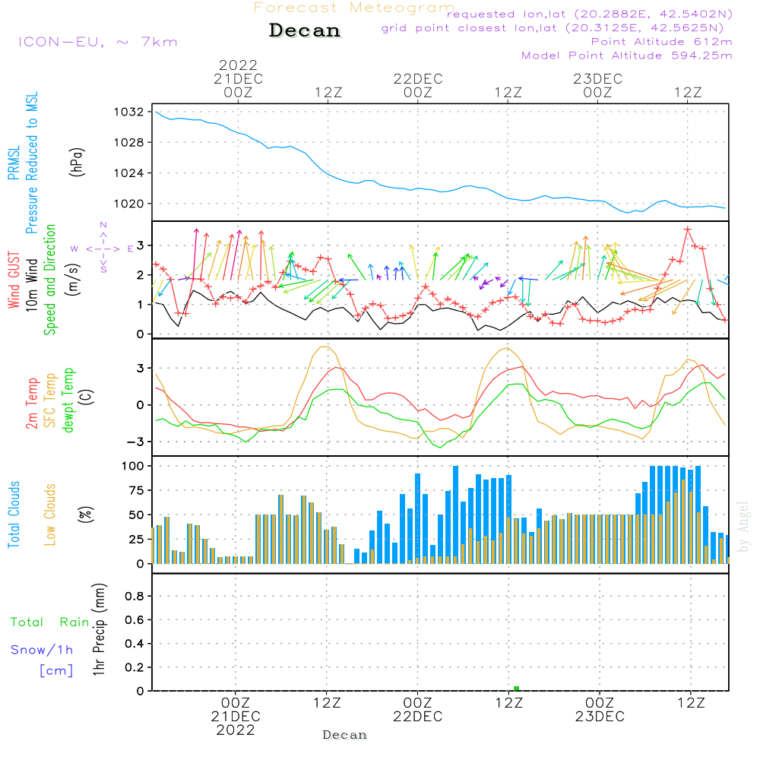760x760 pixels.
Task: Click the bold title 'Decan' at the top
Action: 305,30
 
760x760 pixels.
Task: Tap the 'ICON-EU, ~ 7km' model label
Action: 97,42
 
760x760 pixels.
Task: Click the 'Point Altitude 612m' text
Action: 661,42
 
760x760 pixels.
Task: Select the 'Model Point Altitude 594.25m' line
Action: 627,55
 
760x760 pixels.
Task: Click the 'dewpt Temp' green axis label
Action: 69,400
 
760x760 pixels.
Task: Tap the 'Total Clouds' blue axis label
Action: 14,515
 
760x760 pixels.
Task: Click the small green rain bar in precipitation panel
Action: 516,688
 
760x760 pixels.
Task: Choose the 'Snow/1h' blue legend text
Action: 42,650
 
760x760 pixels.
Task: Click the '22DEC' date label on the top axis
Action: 417,78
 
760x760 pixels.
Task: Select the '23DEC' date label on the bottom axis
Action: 599,717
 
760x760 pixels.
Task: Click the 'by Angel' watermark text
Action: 743,527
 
